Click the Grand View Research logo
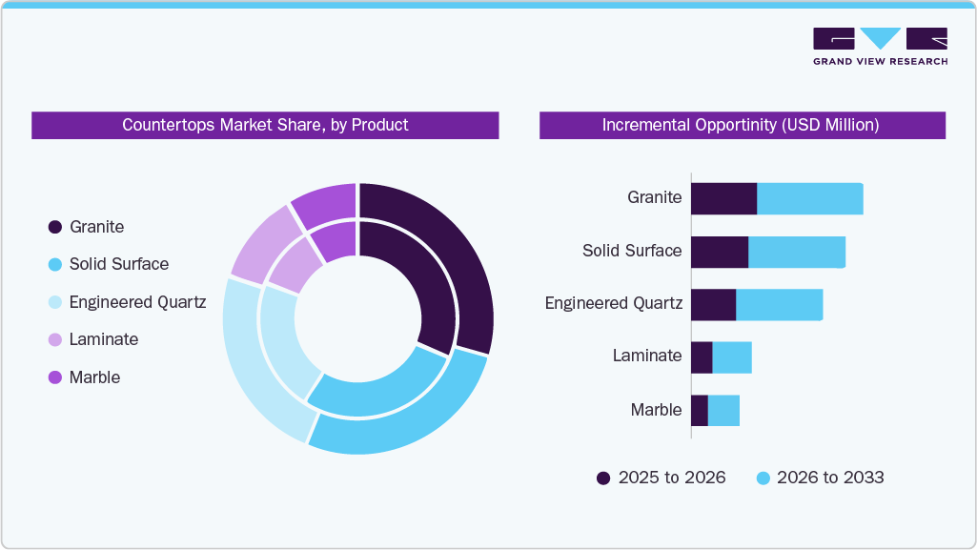tap(880, 47)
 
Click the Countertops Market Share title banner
tap(265, 125)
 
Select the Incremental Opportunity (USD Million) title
tap(742, 125)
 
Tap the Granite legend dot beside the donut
tap(55, 227)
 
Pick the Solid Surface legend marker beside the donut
tap(55, 264)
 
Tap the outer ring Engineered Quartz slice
tap(248, 362)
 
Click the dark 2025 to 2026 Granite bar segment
tap(723, 198)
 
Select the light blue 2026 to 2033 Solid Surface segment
tap(797, 252)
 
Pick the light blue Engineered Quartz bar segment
tap(779, 304)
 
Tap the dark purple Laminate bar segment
tap(702, 357)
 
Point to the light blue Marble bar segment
tap(723, 410)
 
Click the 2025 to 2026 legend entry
tap(661, 478)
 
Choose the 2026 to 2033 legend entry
tap(820, 478)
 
